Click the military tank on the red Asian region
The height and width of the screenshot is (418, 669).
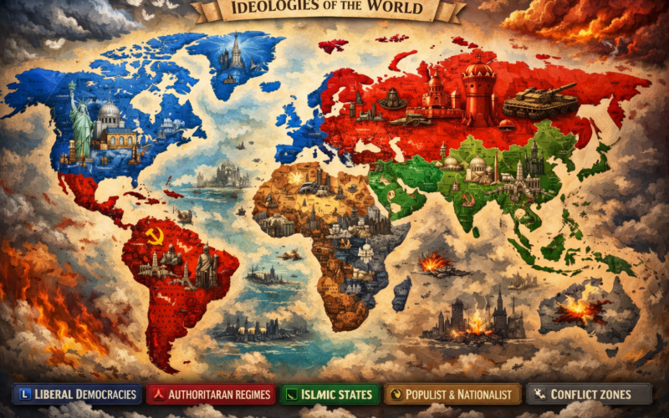539,100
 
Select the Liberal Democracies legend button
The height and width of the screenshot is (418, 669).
76,394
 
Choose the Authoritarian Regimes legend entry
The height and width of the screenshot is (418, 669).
210,394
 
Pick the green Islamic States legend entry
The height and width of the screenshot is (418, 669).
328,394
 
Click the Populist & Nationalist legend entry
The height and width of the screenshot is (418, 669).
452,394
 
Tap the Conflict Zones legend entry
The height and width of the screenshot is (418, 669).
589,394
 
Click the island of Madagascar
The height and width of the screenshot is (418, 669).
401,293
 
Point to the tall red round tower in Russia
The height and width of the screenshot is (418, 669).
479,92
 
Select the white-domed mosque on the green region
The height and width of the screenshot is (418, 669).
477,167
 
